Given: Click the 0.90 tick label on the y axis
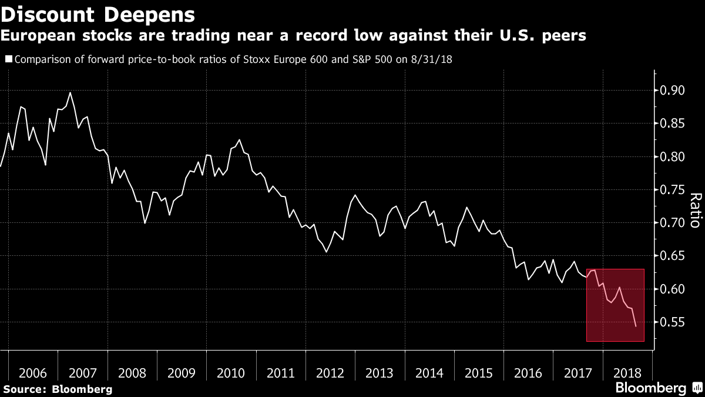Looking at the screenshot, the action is (x=672, y=91).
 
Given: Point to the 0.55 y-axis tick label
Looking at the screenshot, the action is (x=672, y=322).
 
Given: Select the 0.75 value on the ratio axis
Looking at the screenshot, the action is (x=672, y=189).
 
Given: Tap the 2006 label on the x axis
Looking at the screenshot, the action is (x=33, y=373).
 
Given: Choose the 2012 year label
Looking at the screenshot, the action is (x=330, y=373).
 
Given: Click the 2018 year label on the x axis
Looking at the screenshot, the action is (x=627, y=373).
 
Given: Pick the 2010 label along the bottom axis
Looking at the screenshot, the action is (x=231, y=373).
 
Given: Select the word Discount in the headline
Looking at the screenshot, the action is (x=48, y=15).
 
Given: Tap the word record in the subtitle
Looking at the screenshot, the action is (x=321, y=35).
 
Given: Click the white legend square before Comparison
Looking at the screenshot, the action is (x=9, y=59).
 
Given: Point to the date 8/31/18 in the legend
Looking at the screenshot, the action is (x=431, y=59).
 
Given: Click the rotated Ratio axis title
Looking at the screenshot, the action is (x=696, y=210).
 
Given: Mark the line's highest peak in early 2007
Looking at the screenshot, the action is (x=70, y=92).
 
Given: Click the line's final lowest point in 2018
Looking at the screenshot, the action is (x=636, y=326).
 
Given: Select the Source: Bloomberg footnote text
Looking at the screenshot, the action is (x=58, y=389).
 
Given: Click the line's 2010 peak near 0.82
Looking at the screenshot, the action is (x=239, y=139).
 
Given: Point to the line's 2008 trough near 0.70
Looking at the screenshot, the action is (x=145, y=223).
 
